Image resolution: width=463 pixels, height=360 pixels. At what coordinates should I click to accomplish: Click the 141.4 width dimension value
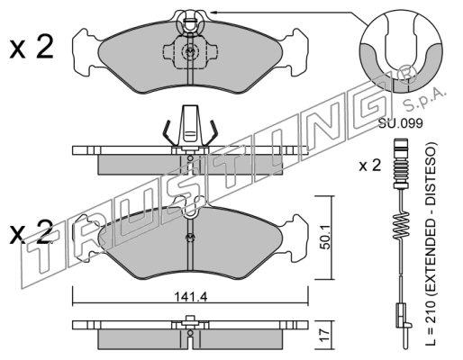[x=191, y=297]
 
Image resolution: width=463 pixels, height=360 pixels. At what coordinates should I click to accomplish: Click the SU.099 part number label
[x=400, y=123]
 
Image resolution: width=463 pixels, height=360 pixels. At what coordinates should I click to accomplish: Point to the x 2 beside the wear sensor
[x=370, y=166]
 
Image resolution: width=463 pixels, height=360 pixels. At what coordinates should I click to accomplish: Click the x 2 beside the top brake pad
[x=32, y=47]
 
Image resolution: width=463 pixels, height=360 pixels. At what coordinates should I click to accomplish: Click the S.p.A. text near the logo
[x=424, y=98]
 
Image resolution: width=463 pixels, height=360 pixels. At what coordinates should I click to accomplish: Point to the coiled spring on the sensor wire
[x=401, y=226]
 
